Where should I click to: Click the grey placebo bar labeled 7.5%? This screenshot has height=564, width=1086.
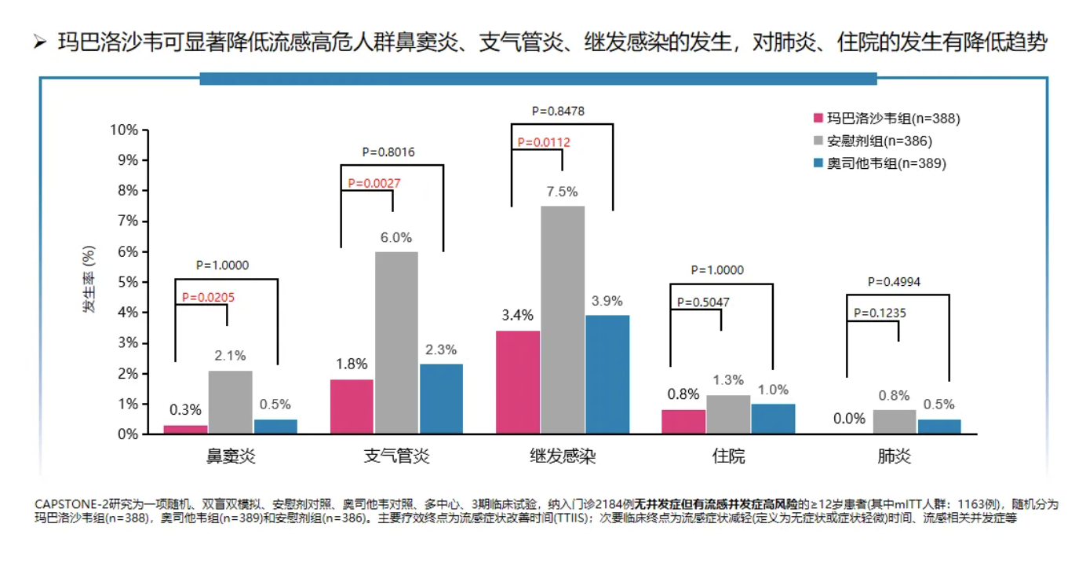click(563, 320)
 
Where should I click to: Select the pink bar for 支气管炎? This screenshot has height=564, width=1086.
click(352, 407)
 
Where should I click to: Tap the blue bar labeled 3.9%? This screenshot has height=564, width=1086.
click(607, 375)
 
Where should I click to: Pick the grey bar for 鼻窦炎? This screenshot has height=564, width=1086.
click(230, 402)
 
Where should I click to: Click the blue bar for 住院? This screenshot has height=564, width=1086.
click(773, 419)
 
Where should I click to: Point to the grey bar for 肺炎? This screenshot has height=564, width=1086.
click(895, 422)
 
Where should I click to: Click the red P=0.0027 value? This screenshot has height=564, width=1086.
click(374, 183)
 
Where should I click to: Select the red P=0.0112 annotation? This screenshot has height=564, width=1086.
click(544, 142)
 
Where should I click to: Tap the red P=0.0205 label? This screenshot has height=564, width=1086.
click(208, 297)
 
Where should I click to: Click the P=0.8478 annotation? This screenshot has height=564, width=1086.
click(558, 111)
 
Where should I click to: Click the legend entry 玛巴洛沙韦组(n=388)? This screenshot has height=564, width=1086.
click(886, 119)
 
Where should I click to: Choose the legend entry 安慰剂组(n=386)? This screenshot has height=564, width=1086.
click(871, 141)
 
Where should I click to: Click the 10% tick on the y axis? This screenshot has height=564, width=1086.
click(122, 130)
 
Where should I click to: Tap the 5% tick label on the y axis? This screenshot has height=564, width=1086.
click(126, 282)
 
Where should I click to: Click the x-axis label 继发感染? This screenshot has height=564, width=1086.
click(563, 456)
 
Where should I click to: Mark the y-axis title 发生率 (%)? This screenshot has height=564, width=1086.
click(89, 280)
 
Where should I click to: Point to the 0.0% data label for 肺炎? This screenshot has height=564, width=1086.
click(849, 419)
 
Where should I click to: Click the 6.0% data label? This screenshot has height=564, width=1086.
click(395, 237)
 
